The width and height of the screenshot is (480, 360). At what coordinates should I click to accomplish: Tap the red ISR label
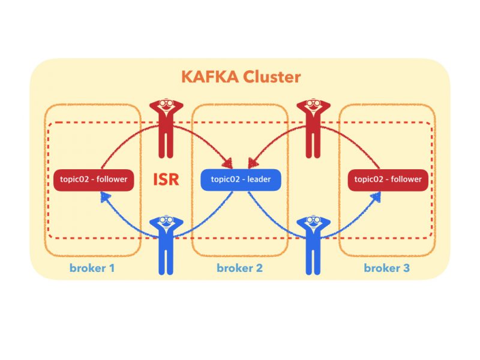click(166, 179)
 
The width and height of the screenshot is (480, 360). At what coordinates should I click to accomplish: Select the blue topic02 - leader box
click(240, 179)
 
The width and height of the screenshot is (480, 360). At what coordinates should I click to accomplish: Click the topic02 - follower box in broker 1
click(93, 179)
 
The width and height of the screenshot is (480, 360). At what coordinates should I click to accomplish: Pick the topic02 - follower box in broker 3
click(388, 179)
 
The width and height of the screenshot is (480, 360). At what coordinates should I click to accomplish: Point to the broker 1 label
click(92, 268)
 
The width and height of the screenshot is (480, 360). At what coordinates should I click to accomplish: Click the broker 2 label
click(239, 268)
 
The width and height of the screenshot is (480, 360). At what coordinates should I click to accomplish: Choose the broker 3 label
click(387, 268)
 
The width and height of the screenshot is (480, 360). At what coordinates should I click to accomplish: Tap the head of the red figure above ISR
click(165, 106)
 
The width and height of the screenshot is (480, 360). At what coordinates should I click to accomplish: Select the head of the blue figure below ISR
click(165, 222)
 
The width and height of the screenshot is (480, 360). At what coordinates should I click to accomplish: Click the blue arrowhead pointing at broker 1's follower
click(104, 196)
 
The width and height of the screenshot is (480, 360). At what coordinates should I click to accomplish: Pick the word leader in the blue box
click(259, 179)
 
